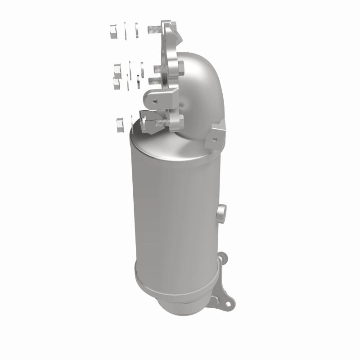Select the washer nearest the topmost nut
127,30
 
